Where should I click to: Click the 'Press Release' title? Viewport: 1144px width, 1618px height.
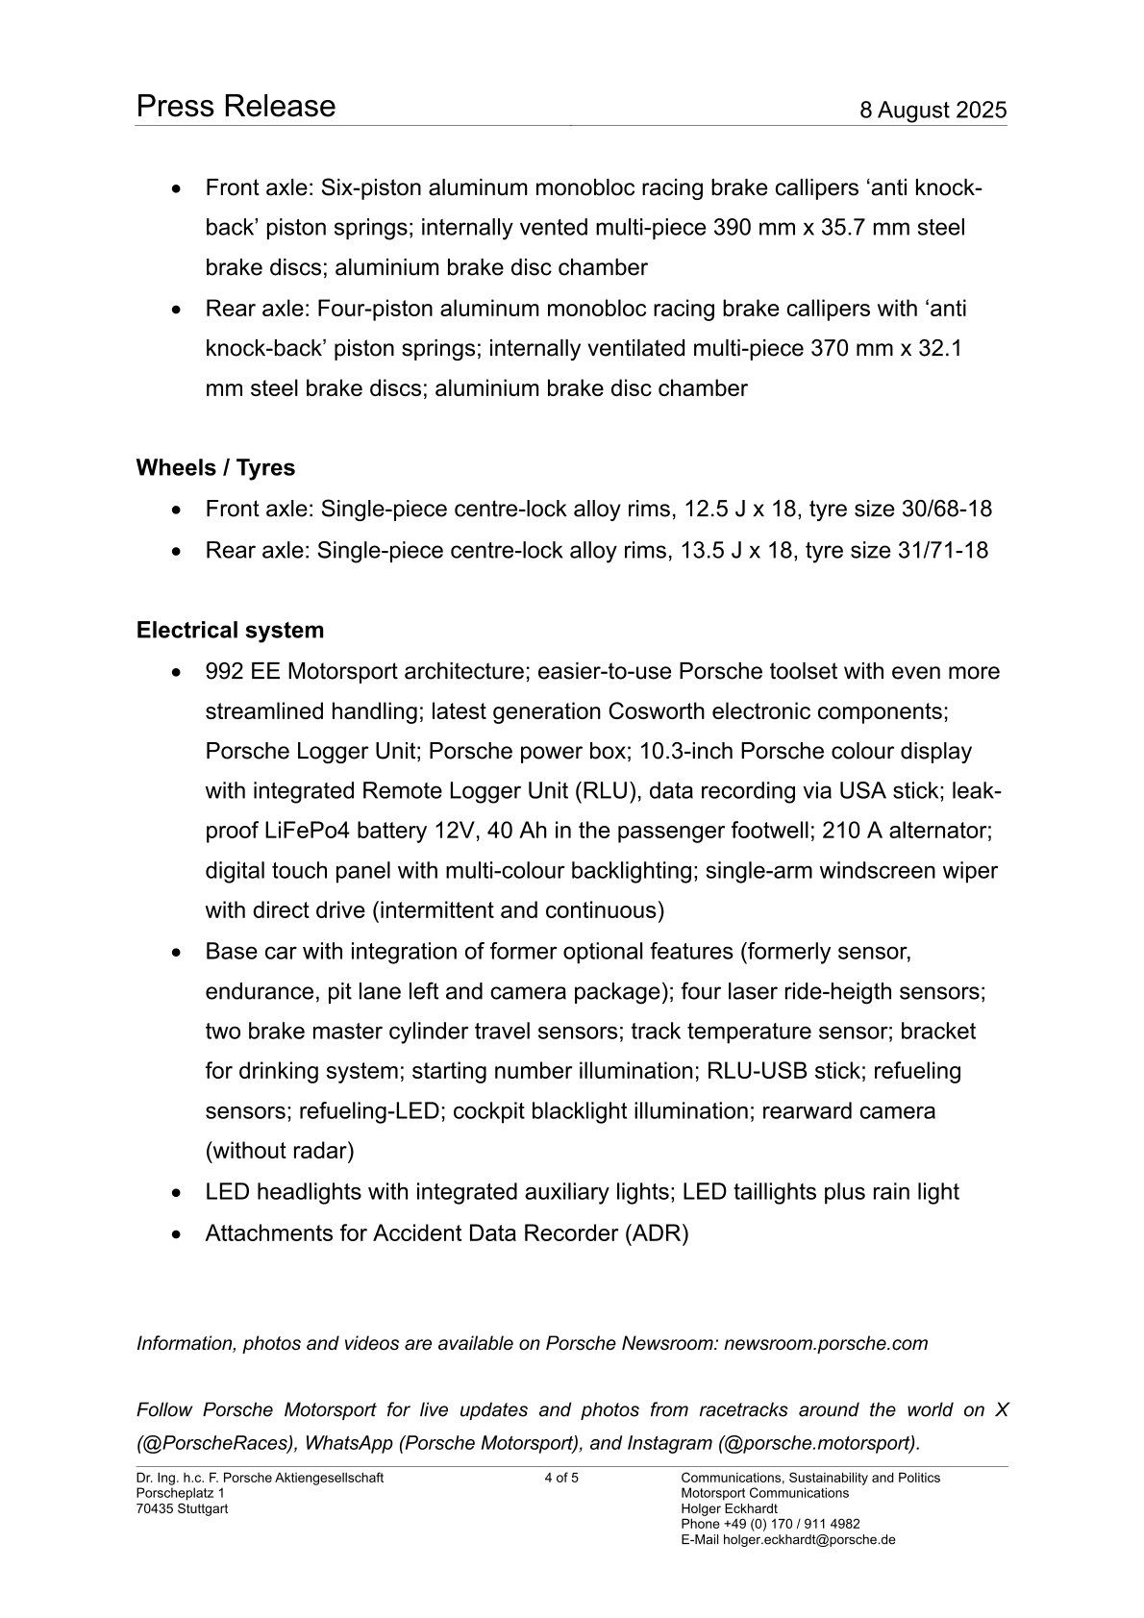coord(236,106)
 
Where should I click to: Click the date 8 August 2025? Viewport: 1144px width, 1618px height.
coord(933,110)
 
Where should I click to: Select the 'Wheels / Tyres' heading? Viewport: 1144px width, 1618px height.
coord(215,468)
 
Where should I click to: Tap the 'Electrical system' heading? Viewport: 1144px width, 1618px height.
coord(230,631)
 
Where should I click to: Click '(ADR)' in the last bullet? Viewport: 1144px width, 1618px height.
coord(657,1233)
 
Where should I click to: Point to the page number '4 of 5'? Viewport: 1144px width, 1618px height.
coord(561,1478)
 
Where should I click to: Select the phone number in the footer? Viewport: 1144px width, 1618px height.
coord(791,1524)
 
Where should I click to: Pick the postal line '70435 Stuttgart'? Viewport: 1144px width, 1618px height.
coord(182,1508)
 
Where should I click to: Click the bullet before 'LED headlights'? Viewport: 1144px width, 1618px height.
coord(175,1193)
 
